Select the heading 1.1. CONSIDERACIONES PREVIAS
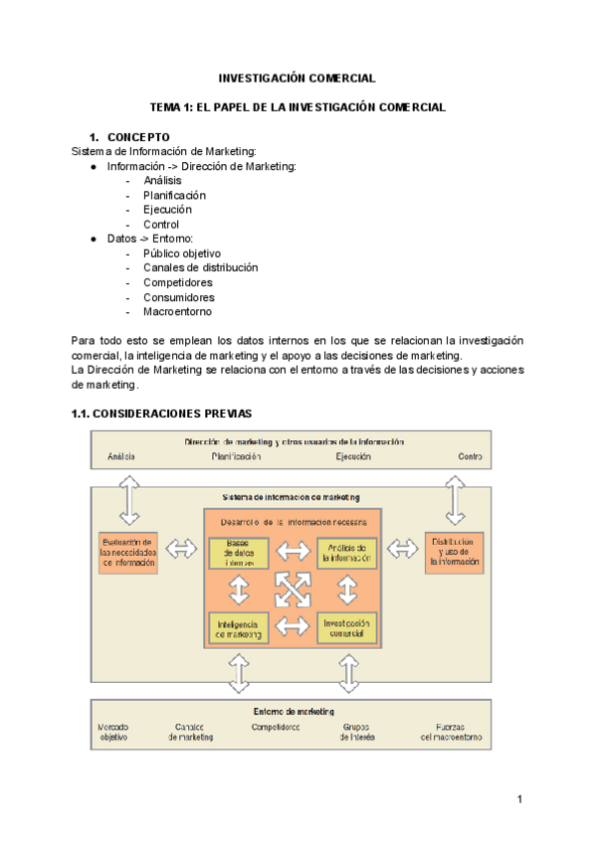pos(161,413)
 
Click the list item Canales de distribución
pos(200,267)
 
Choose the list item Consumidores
pos(178,297)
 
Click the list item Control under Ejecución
pos(161,225)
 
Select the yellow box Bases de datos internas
pos(239,553)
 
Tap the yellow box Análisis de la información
pos(348,553)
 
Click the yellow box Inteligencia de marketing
pos(239,628)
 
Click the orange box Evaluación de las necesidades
pos(129,550)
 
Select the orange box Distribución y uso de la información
pos(456,550)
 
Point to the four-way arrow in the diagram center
pos(294,590)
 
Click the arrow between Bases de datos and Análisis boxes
pos(294,552)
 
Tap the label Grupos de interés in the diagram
pos(356,732)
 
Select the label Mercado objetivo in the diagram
pos(112,732)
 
